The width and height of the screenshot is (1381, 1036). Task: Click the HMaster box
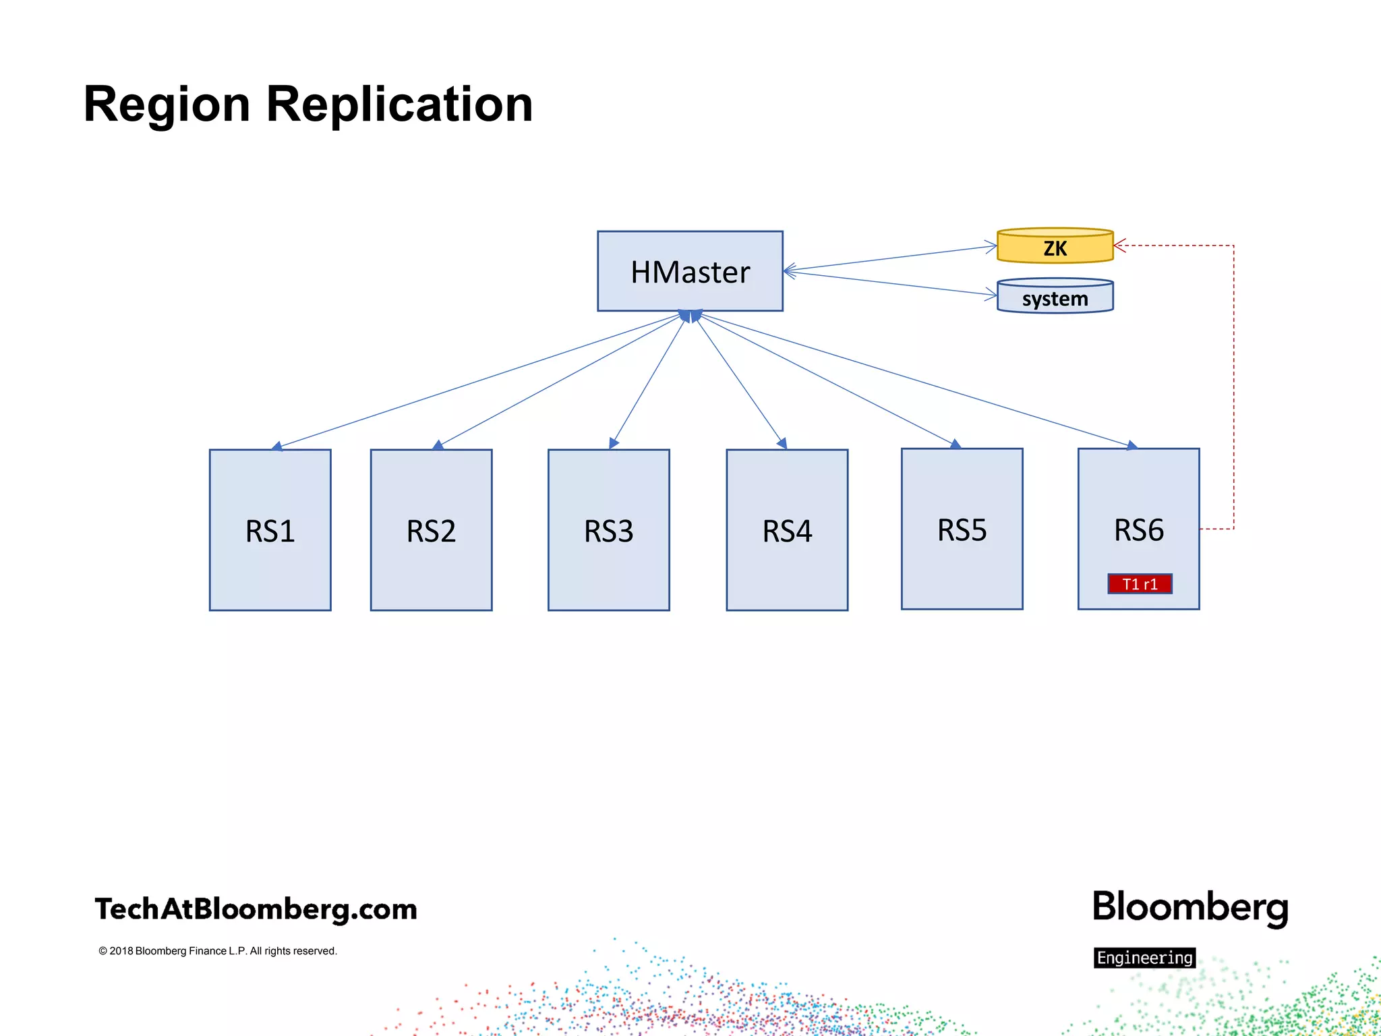click(690, 271)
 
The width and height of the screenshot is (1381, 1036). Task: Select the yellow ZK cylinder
click(1055, 247)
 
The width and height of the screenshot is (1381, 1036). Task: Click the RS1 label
click(270, 531)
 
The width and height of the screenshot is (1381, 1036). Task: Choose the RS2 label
click(431, 531)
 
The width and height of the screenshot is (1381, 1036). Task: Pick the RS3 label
click(608, 531)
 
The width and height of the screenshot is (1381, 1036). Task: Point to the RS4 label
click(787, 531)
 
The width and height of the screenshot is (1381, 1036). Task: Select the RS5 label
click(962, 530)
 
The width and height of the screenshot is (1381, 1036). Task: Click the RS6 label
click(1138, 530)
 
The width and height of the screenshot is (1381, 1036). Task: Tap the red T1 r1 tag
click(1140, 584)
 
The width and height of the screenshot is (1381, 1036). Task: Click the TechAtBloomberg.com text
click(256, 909)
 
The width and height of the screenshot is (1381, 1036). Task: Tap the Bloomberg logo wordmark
click(1190, 907)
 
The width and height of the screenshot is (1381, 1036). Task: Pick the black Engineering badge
click(1144, 958)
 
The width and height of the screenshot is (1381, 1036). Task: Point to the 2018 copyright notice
click(217, 951)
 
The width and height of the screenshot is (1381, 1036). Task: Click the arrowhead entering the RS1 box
click(277, 446)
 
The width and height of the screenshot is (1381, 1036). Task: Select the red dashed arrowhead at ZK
click(1119, 246)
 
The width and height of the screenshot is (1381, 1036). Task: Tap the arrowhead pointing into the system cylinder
click(991, 294)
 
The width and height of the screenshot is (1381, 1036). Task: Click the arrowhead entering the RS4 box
click(782, 443)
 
